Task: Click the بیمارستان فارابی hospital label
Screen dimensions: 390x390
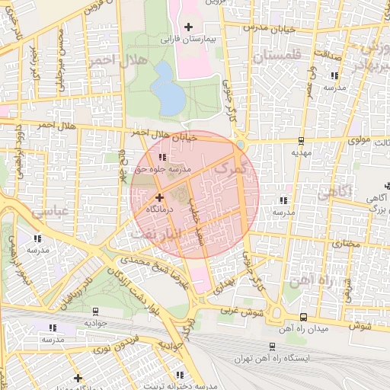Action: click(188, 37)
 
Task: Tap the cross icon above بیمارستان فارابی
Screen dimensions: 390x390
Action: click(189, 27)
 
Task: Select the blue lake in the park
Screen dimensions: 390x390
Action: click(167, 88)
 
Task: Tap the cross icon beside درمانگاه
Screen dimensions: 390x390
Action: click(159, 198)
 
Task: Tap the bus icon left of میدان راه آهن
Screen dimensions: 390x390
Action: click(303, 317)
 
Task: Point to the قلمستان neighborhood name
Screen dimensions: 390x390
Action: click(277, 55)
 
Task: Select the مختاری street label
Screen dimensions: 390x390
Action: click(345, 244)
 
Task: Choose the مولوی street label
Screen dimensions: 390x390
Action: click(358, 141)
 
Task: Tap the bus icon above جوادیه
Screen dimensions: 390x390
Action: click(94, 312)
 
